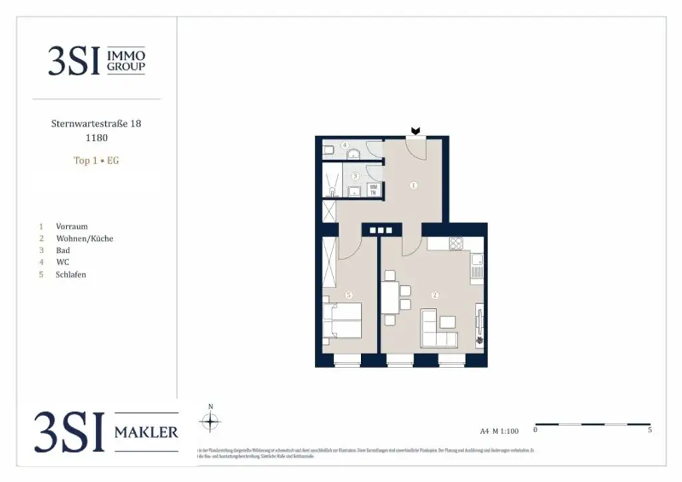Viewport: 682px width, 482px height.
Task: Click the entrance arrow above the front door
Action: click(x=416, y=131)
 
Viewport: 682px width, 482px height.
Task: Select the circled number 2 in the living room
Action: click(x=435, y=295)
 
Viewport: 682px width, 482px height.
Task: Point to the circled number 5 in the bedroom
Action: click(x=348, y=295)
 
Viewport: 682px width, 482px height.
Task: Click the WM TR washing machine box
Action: click(x=374, y=190)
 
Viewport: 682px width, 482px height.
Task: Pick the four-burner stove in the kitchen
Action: click(x=456, y=243)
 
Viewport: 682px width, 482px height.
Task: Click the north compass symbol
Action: click(x=210, y=421)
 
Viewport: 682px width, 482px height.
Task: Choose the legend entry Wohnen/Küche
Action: click(x=85, y=238)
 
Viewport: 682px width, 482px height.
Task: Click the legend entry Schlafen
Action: click(x=71, y=274)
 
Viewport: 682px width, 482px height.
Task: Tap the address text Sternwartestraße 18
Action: click(x=96, y=123)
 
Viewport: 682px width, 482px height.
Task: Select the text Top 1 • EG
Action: click(x=96, y=160)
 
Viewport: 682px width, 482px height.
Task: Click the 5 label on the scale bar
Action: click(x=649, y=430)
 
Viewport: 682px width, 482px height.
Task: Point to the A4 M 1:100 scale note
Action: click(x=499, y=431)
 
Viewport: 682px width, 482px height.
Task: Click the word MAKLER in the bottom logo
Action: click(x=146, y=433)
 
